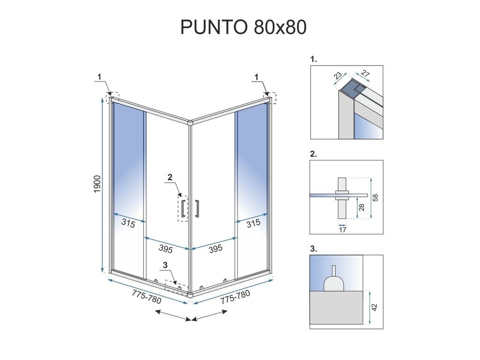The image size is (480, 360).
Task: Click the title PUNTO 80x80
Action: pyautogui.click(x=243, y=27)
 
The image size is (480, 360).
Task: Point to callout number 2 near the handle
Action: pyautogui.click(x=170, y=177)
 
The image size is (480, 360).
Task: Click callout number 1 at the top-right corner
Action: pyautogui.click(x=256, y=76)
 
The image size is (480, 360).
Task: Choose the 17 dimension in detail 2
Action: pyautogui.click(x=342, y=229)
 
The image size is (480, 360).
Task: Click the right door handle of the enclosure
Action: pyautogui.click(x=197, y=209)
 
